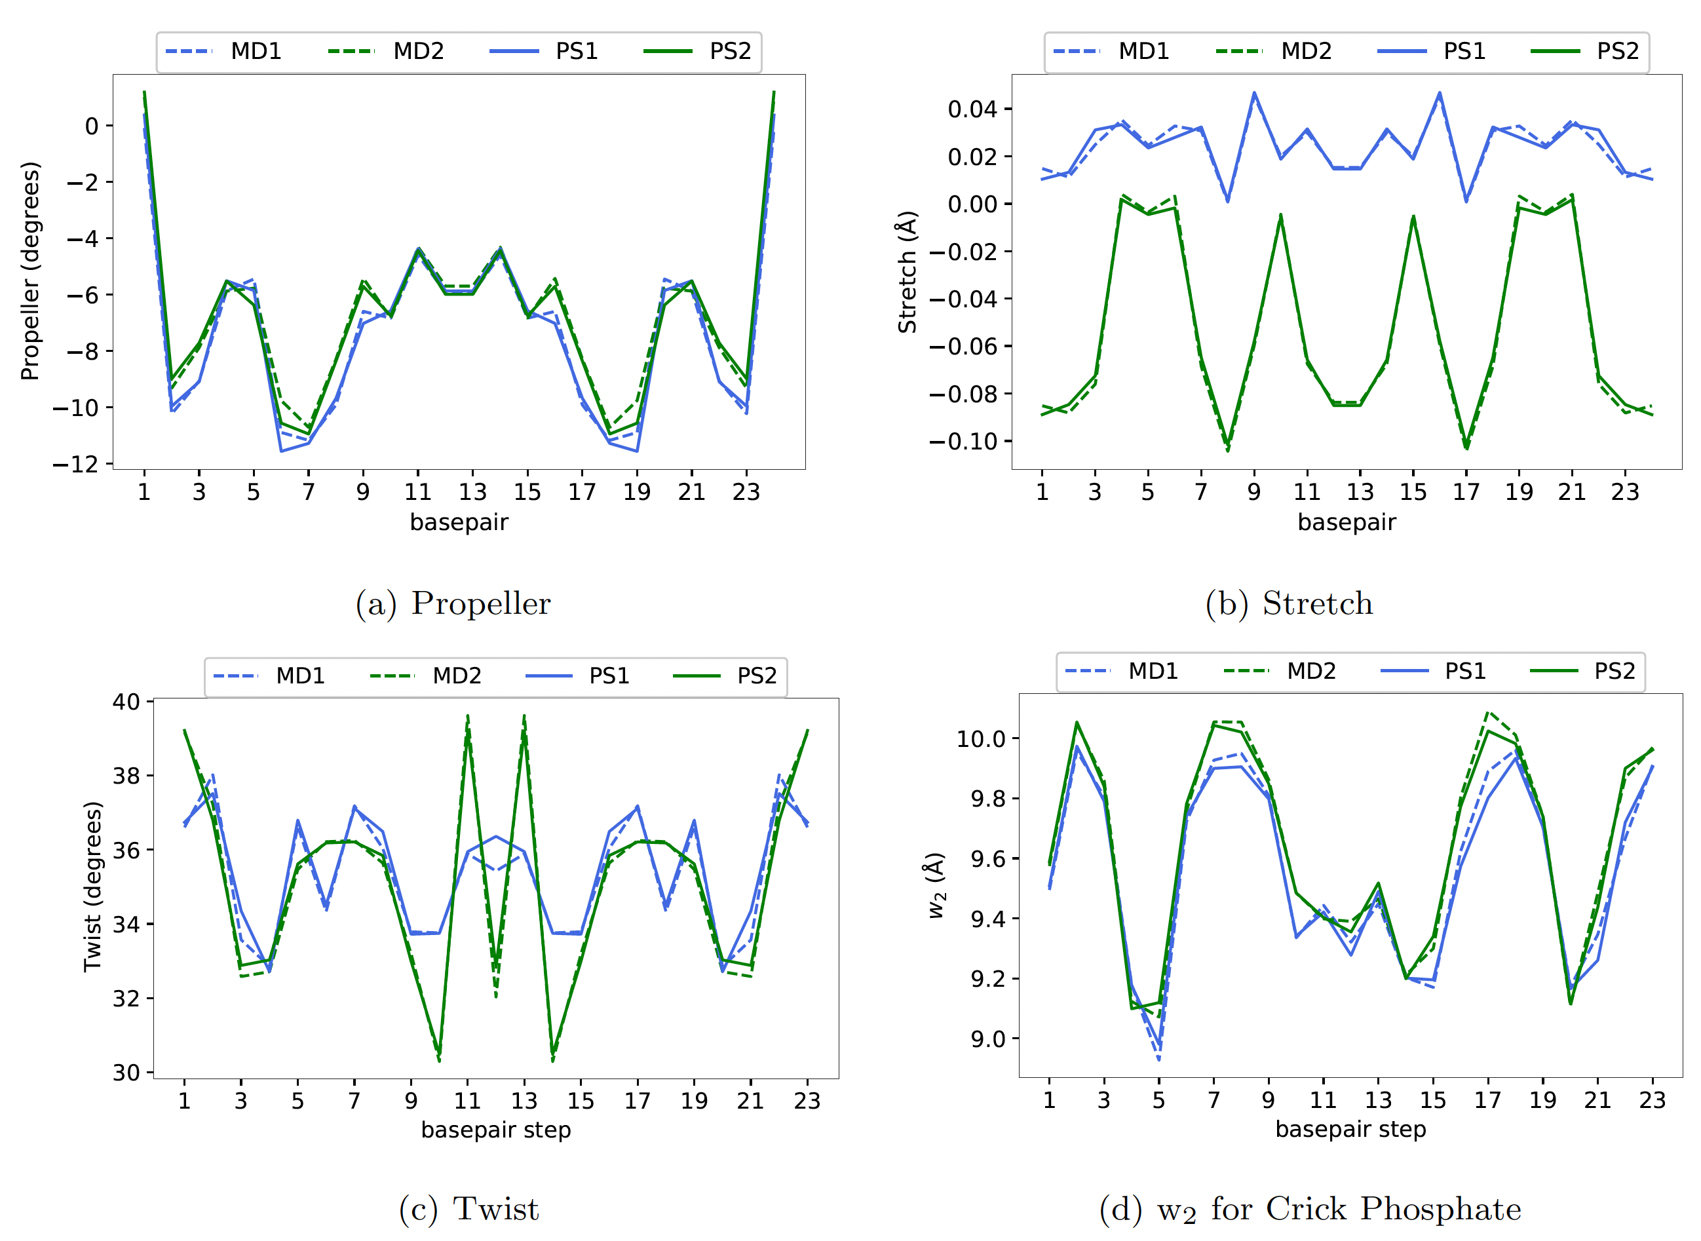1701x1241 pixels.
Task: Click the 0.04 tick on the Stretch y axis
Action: (972, 109)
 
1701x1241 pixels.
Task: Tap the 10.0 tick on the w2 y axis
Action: (980, 738)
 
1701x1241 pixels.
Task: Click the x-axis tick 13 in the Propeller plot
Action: (472, 492)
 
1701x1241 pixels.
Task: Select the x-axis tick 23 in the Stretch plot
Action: (1624, 492)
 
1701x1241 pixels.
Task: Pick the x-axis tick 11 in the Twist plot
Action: (467, 1101)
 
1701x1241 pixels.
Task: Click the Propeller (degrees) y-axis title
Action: (30, 271)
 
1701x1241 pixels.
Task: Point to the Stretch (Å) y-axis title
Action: (908, 272)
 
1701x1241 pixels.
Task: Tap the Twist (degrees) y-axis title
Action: (92, 887)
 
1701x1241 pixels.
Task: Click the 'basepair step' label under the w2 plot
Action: (1350, 1129)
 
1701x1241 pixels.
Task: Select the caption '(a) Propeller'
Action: (453, 604)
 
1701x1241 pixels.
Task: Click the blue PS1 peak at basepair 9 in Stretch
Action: (1254, 93)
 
